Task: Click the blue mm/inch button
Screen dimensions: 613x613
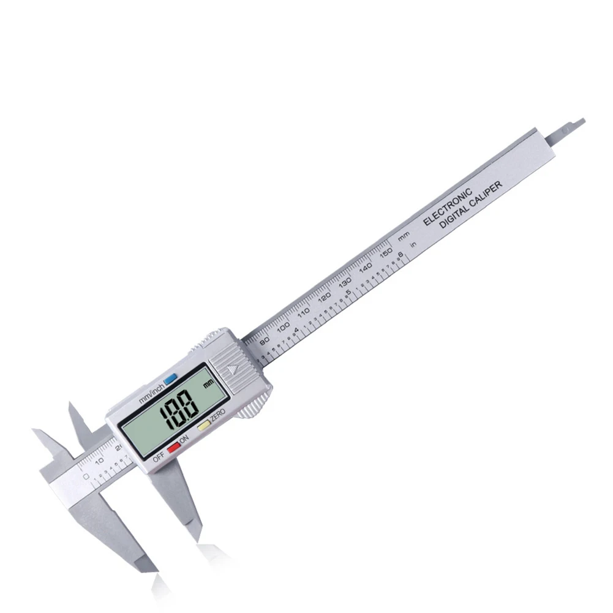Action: (x=170, y=379)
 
